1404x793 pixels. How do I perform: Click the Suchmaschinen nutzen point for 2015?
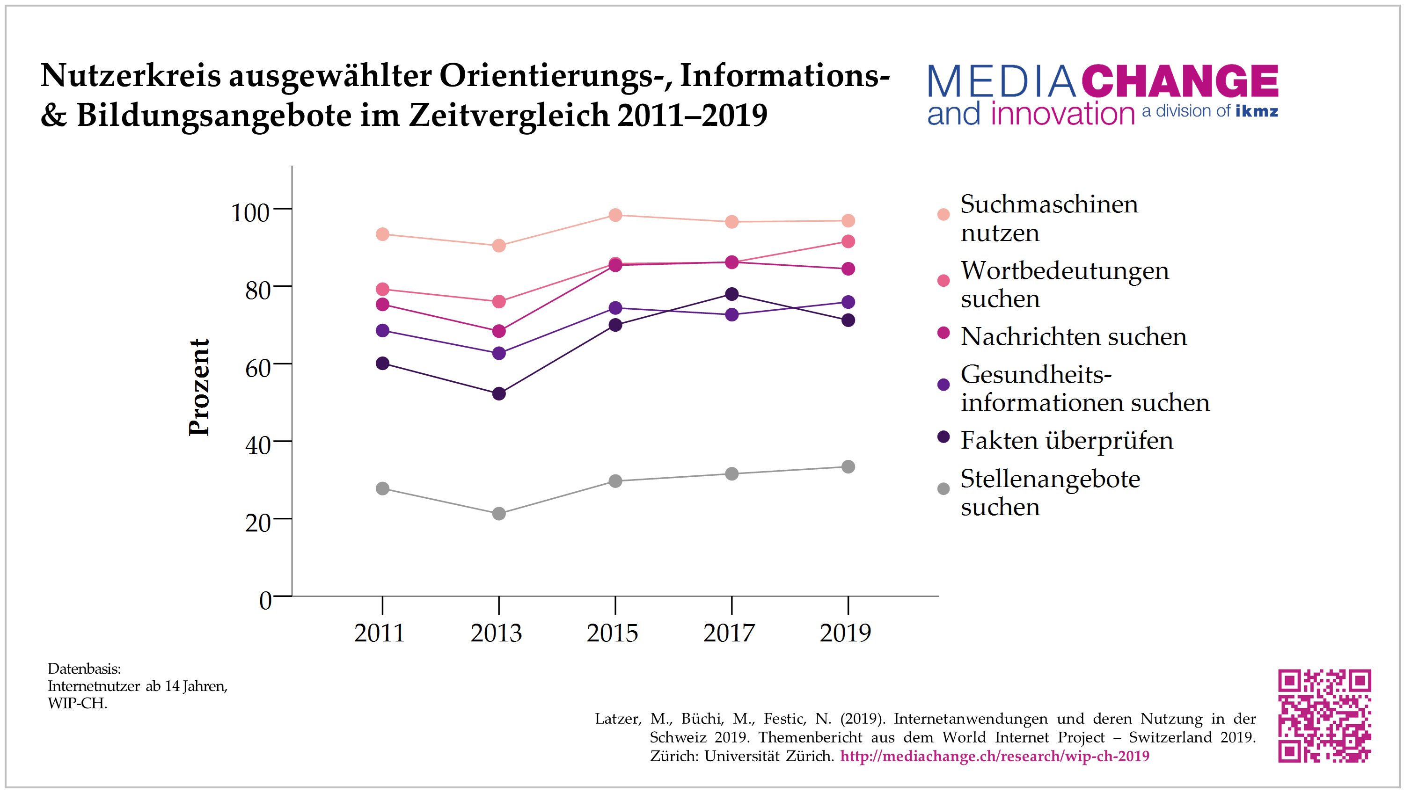pos(615,215)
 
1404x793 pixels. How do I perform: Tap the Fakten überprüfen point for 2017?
pos(731,294)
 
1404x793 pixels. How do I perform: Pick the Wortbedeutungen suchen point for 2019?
pos(848,241)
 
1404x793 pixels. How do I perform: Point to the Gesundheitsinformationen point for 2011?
pos(383,330)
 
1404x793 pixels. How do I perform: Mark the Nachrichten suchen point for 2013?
pos(499,331)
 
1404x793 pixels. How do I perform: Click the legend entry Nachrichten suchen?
pos(1073,336)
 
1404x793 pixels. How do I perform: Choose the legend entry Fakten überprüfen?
pos(1066,440)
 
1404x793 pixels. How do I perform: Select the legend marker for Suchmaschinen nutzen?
pos(943,214)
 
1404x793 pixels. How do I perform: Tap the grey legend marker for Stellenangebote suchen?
pos(943,489)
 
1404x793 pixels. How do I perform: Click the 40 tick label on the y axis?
pos(257,445)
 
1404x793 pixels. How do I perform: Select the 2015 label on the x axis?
pos(612,633)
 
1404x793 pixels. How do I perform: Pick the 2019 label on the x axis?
pos(845,633)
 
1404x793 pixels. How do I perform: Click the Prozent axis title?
pos(199,387)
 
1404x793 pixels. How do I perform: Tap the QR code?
pos(1324,716)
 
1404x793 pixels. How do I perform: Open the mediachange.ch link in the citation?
pos(995,756)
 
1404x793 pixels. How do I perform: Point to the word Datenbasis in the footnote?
pos(84,668)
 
